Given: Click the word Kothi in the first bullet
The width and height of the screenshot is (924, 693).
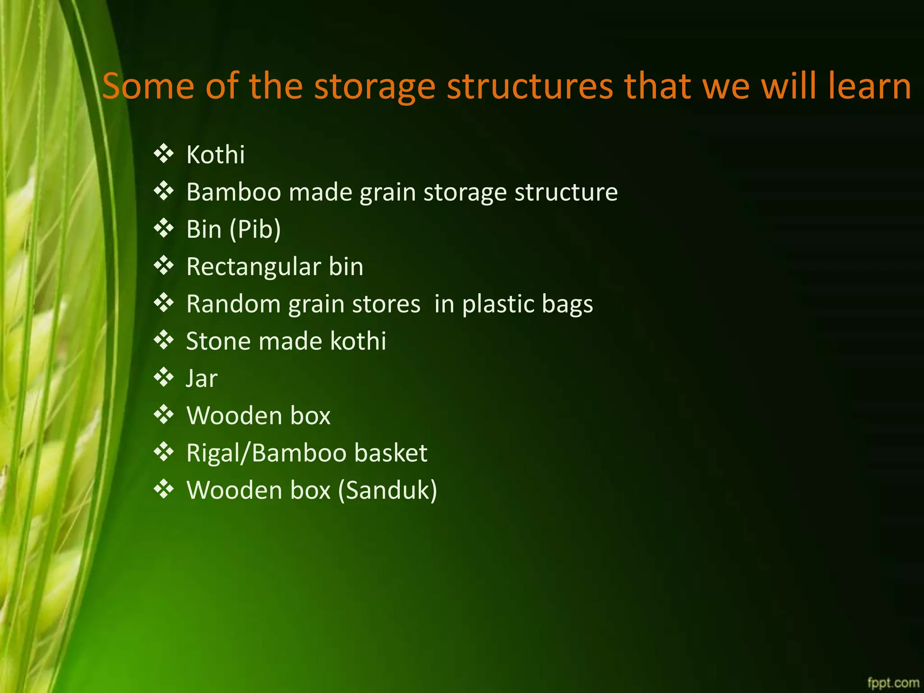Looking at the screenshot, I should pyautogui.click(x=215, y=155).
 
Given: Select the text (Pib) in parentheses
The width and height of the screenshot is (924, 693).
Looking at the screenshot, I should pyautogui.click(x=255, y=229).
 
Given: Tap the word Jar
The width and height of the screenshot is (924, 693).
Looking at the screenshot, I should pyautogui.click(x=202, y=379).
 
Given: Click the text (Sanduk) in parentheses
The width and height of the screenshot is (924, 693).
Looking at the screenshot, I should pyautogui.click(x=388, y=490).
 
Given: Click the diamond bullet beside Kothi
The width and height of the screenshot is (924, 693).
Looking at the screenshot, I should pyautogui.click(x=163, y=154).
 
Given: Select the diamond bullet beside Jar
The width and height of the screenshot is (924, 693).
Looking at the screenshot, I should pyautogui.click(x=163, y=377).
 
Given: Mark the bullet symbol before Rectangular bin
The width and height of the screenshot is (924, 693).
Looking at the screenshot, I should pyautogui.click(x=163, y=266).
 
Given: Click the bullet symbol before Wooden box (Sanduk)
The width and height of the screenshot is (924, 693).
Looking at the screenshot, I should pyautogui.click(x=163, y=489).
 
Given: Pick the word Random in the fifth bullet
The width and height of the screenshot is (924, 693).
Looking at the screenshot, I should pyautogui.click(x=234, y=304).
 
